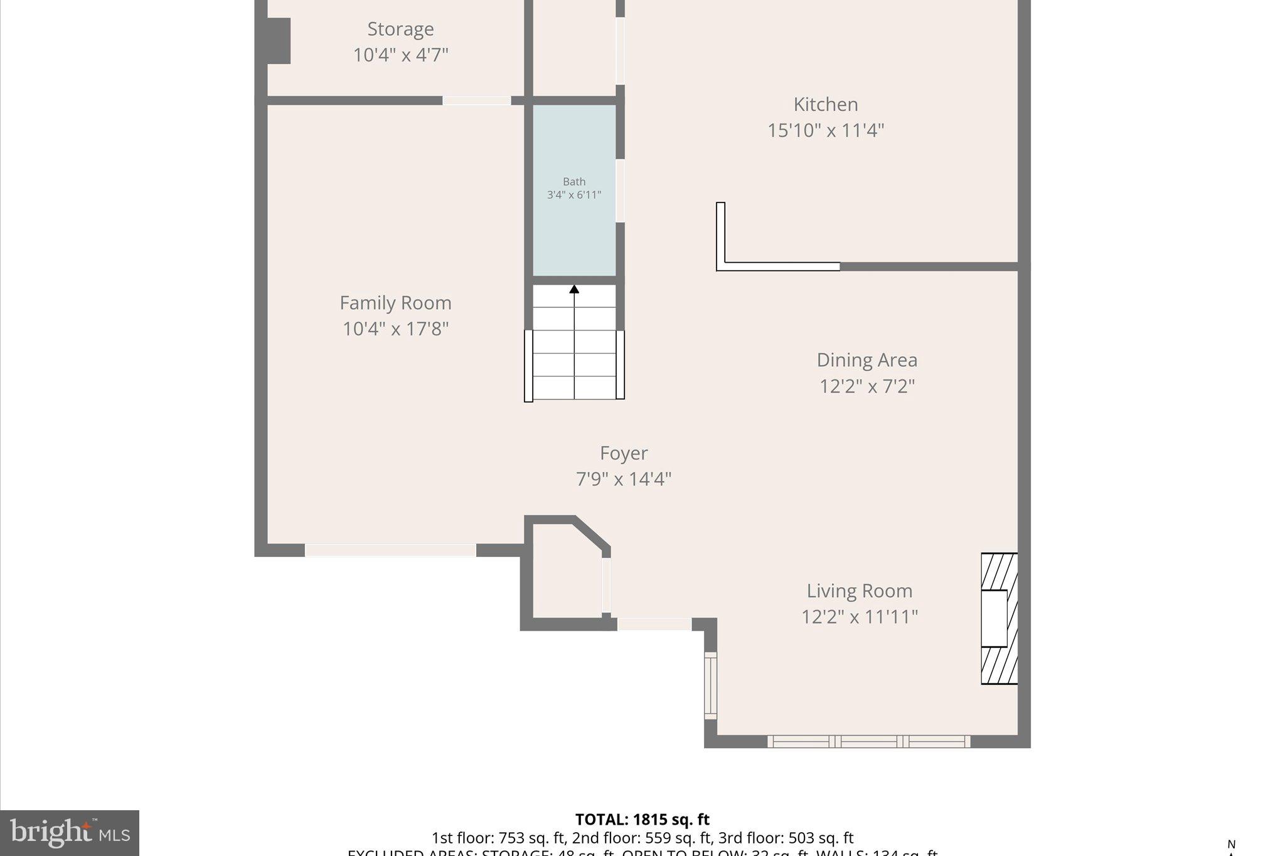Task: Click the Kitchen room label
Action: (825, 104)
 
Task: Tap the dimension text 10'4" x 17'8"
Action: (395, 329)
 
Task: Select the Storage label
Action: (400, 29)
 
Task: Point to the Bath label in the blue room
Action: (574, 182)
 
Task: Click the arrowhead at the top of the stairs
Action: (574, 289)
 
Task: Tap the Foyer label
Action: (624, 453)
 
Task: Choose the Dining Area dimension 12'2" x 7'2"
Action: (867, 386)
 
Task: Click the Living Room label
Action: (859, 591)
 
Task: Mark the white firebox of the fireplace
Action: (994, 619)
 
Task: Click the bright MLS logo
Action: (70, 833)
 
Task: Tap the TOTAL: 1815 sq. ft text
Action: (642, 820)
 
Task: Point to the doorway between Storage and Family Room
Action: (477, 100)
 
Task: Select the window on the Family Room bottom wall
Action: (390, 551)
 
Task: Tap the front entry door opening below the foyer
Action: (654, 624)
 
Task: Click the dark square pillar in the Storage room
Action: (279, 41)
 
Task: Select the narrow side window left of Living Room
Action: (710, 685)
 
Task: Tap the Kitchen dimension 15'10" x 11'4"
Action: (825, 130)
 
